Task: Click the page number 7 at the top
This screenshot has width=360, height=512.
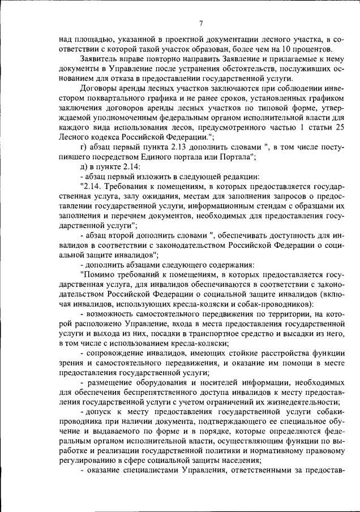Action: click(202, 23)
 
